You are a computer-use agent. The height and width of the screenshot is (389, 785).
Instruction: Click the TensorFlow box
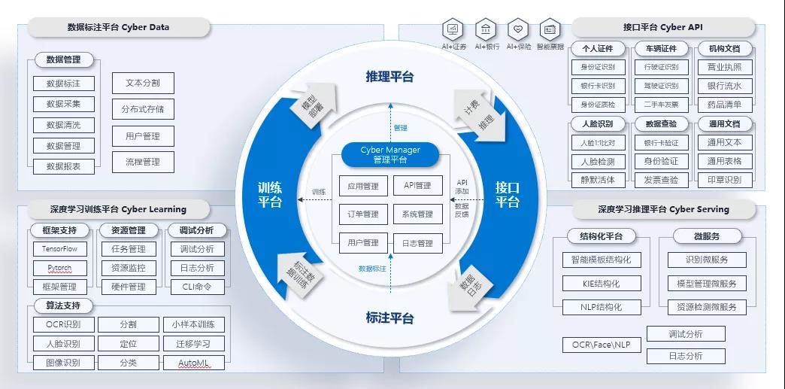tap(60, 249)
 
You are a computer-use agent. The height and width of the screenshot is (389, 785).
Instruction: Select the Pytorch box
tap(60, 268)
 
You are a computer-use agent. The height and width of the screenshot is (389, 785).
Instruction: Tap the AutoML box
tap(193, 363)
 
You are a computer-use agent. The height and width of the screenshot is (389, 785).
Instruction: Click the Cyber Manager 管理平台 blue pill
tap(390, 154)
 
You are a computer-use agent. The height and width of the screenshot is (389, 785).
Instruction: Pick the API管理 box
tap(417, 186)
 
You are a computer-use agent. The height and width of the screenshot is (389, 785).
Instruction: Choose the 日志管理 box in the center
tap(417, 243)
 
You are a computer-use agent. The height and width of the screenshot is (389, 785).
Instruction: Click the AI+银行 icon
tap(486, 30)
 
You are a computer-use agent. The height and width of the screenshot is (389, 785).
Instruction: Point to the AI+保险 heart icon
tap(518, 30)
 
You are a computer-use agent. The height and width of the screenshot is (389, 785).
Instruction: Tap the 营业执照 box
tap(724, 68)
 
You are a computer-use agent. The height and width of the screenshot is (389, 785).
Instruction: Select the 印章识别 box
tap(724, 180)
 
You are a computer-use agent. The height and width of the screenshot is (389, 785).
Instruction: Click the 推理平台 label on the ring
tap(389, 77)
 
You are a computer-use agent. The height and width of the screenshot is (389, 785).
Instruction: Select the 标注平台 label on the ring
tap(389, 318)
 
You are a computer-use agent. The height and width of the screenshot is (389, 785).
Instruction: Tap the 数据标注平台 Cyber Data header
tap(119, 28)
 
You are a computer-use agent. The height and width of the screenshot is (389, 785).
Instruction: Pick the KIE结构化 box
tap(602, 284)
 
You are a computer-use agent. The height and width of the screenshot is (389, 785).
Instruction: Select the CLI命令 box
tap(197, 287)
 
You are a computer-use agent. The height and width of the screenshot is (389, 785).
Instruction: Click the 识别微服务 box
tap(707, 260)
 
